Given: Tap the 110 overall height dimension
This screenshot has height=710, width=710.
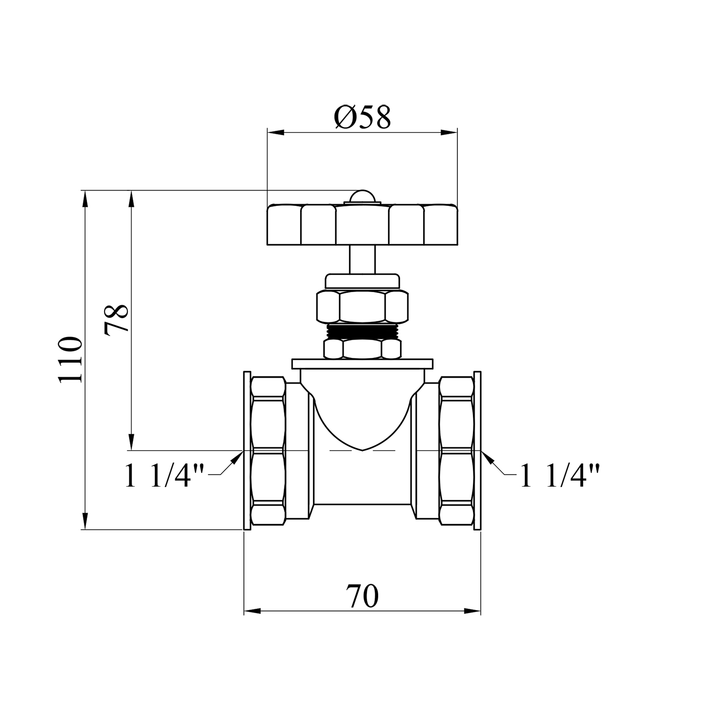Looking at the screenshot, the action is tap(70, 360).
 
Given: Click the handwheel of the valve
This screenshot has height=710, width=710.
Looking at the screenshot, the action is tap(362, 224).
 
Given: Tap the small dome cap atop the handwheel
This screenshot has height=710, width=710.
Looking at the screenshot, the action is tap(362, 196).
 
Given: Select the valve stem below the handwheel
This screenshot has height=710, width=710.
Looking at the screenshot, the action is tap(362, 259).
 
